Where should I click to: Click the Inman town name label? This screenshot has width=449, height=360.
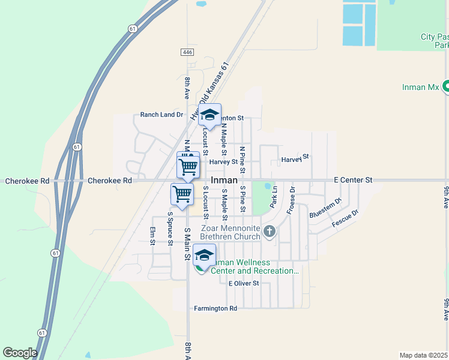224,180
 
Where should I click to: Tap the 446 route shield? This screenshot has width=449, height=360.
187,53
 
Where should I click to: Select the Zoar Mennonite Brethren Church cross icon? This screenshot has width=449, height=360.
270,230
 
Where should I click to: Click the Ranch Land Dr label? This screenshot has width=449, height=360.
161,115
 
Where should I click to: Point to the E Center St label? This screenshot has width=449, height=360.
354,180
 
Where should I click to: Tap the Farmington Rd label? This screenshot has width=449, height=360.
215,308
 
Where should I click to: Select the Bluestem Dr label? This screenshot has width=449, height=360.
325,208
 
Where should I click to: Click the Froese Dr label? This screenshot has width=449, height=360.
291,200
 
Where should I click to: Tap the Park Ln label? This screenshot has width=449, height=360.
273,197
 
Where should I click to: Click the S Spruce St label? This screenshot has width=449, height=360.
170,228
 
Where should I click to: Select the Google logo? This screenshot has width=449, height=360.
19,353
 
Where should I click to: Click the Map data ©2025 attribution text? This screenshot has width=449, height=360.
424,355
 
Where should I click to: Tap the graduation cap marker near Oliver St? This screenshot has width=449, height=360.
204,257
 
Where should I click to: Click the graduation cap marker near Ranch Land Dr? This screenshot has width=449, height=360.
210,115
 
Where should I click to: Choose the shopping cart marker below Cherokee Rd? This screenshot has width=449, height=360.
182,194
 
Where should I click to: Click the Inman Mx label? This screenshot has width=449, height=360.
421,87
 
